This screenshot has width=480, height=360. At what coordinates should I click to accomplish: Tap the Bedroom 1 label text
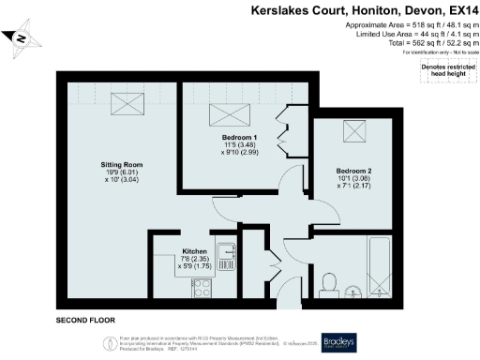[x=240, y=138]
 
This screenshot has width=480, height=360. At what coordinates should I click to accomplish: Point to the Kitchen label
[x=194, y=252]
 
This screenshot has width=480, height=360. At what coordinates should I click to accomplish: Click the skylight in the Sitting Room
[x=122, y=103]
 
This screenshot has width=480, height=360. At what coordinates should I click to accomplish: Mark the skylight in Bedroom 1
[x=228, y=114]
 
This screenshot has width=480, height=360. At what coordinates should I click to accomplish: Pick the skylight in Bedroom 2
[x=356, y=131]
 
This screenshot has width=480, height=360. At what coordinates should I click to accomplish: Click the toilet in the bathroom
[x=329, y=281]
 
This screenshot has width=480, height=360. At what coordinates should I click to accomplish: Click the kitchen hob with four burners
[x=202, y=288]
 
